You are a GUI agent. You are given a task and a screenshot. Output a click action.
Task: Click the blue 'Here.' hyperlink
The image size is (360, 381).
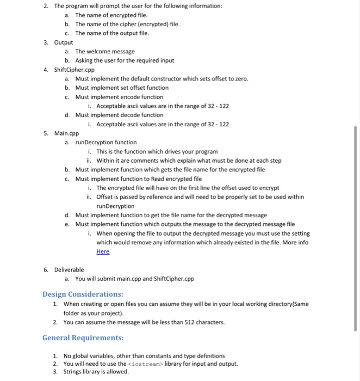coord(103,251)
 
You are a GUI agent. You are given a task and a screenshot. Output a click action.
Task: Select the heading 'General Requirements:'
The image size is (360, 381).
coord(83,337)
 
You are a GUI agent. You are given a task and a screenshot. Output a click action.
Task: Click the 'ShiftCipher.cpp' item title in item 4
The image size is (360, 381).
coord(75,70)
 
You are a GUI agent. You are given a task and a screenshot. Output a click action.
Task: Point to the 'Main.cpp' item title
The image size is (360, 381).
coord(67,133)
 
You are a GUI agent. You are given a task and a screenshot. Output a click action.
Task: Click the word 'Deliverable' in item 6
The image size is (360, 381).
coord(69,269)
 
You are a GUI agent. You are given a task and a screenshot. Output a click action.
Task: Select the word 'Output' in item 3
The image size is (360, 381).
coord(64,42)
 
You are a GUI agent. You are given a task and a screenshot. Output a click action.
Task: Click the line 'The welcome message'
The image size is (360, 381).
coord(105,51)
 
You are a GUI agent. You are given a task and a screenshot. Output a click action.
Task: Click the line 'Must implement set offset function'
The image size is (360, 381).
coord(122,88)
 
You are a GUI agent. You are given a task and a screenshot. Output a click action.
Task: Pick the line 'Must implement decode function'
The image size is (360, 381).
coord(119,115)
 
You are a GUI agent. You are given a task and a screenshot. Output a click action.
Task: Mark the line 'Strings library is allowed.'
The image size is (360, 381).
coord(96,372)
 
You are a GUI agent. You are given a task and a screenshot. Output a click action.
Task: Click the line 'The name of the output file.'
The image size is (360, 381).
coord(112,33)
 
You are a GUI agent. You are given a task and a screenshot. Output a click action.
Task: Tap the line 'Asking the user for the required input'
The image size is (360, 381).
coord(125,60)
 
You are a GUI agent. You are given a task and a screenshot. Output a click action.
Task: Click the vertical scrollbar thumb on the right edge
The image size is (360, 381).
coord(356,229)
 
